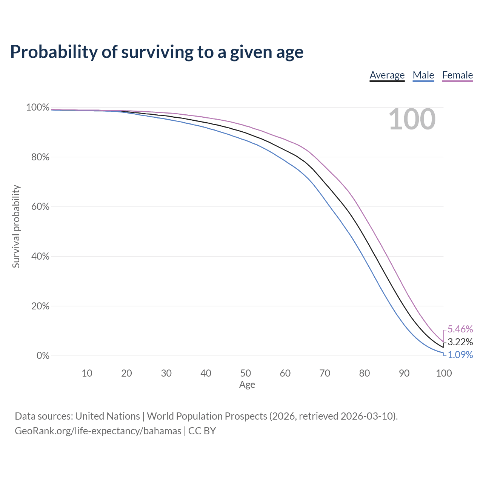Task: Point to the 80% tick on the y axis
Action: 40,157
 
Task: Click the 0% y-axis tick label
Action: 43,356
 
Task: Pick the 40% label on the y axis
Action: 40,257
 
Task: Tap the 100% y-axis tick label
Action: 38,108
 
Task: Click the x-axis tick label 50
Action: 245,373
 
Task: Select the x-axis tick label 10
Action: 87,373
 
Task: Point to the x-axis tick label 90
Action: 404,373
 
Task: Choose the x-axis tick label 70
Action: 325,373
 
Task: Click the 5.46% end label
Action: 460,329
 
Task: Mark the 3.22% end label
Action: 460,341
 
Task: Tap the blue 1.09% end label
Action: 460,355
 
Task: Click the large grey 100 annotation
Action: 412,119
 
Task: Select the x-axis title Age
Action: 247,385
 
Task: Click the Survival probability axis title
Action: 16,226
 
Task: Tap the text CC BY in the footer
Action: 202,431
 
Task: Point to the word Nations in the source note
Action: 123,416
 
